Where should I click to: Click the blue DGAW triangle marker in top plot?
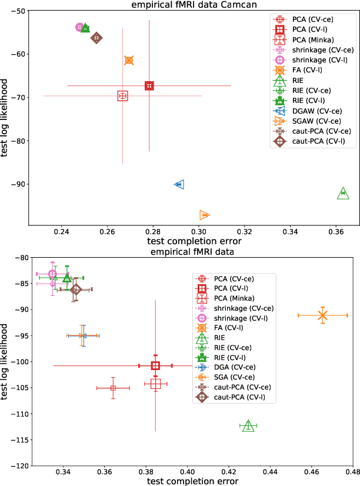(179, 184)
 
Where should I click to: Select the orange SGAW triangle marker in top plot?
(204, 215)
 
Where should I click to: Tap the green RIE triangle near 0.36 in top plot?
(343, 194)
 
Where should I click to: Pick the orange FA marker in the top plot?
(129, 60)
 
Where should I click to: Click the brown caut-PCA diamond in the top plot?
(96, 38)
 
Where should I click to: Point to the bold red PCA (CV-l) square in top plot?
(149, 86)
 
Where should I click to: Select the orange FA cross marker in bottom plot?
(322, 315)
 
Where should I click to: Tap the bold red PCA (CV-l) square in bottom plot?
(155, 365)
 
